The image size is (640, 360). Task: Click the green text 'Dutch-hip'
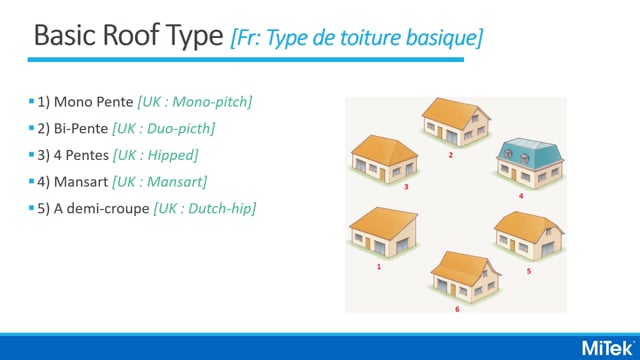223,207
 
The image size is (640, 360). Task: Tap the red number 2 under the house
451,156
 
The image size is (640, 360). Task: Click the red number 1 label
378,267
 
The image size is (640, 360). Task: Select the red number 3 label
378,186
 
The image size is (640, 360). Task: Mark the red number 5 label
528,270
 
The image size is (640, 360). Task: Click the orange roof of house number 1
378,221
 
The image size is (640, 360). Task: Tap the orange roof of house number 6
458,265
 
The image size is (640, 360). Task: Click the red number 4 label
521,196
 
